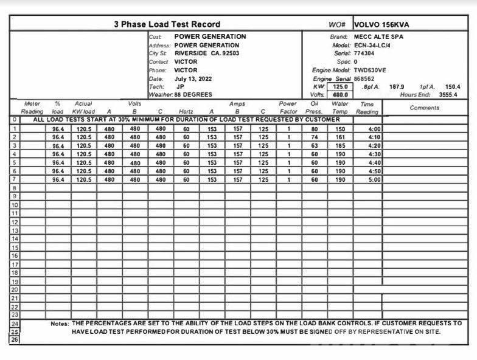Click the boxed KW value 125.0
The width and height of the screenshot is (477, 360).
pyautogui.click(x=339, y=87)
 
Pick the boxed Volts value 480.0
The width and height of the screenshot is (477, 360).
pyautogui.click(x=339, y=95)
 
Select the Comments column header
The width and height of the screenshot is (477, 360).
pyautogui.click(x=424, y=108)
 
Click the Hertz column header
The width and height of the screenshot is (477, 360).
pyautogui.click(x=186, y=112)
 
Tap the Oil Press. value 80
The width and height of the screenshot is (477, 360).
pyautogui.click(x=315, y=129)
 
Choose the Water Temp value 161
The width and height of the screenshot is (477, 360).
pyautogui.click(x=339, y=137)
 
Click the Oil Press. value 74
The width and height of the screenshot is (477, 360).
pyautogui.click(x=315, y=137)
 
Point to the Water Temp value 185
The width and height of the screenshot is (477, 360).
pyautogui.click(x=339, y=146)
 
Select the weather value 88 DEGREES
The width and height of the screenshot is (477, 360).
pyautogui.click(x=193, y=95)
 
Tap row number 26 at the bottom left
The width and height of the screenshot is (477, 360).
pyautogui.click(x=15, y=340)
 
